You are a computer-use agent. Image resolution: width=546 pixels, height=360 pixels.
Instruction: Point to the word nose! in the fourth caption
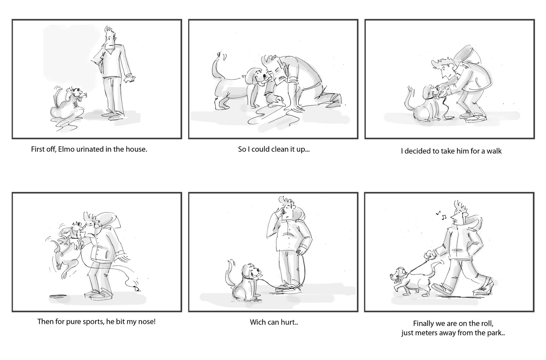tap(147, 321)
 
